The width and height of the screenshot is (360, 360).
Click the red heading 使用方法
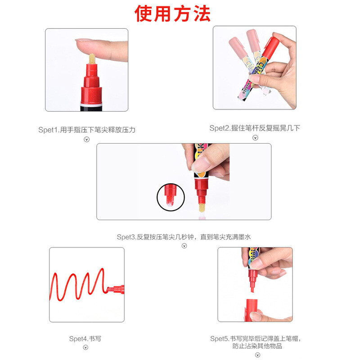point(172,13)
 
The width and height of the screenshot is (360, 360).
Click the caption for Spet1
point(87,130)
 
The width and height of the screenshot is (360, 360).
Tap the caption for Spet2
point(255,128)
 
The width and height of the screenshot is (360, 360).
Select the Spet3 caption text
point(184,237)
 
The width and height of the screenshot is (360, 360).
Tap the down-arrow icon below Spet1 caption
point(86,139)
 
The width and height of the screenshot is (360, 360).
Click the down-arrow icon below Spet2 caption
point(255,138)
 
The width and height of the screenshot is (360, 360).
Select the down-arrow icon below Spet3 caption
point(184,246)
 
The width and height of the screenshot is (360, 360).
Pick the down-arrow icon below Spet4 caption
point(85,347)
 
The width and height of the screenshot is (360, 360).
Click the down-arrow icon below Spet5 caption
point(257,355)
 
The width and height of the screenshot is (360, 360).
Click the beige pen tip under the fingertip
point(92,59)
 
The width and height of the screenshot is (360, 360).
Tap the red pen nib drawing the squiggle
point(110,289)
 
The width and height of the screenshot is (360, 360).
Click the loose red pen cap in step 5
point(251,310)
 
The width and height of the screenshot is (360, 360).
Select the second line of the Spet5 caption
point(257,346)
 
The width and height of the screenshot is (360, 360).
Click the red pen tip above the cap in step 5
point(252,288)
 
